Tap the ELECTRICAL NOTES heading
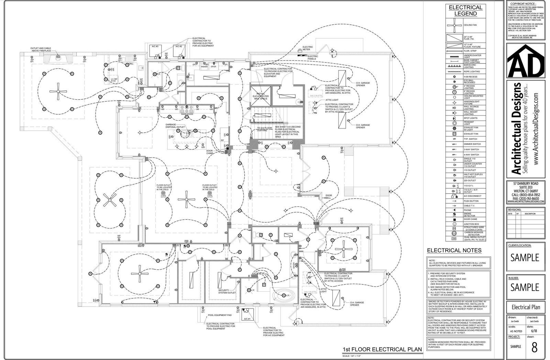[x=454, y=250]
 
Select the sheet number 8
[x=534, y=347]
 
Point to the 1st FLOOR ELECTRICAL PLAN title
[x=382, y=349]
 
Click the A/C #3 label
[x=155, y=46]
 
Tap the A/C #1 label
[x=246, y=319]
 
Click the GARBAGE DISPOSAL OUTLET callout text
[x=175, y=126]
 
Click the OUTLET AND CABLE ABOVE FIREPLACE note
[x=41, y=49]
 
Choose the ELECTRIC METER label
[x=308, y=48]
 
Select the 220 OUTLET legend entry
[x=470, y=180]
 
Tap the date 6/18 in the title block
[x=534, y=331]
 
